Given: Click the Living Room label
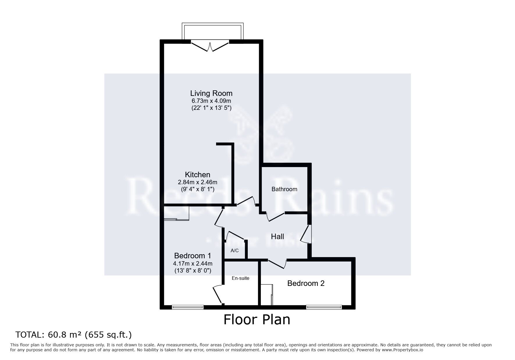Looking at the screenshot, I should pyautogui.click(x=211, y=93).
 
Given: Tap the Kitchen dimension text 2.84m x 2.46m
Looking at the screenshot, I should pyautogui.click(x=197, y=182).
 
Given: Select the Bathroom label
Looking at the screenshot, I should pyautogui.click(x=284, y=189).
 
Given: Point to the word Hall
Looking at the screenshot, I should pyautogui.click(x=277, y=237).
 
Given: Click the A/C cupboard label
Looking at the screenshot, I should pyautogui.click(x=234, y=250).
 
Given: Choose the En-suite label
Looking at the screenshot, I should pyautogui.click(x=240, y=278).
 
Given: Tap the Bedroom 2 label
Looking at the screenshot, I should pyautogui.click(x=306, y=283).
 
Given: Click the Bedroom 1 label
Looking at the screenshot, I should pyautogui.click(x=193, y=256).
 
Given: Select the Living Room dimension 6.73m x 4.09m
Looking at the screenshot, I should pyautogui.click(x=211, y=101).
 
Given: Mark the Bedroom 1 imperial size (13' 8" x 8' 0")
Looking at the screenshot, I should pyautogui.click(x=193, y=271).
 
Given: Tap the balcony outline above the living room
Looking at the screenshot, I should pyautogui.click(x=213, y=25).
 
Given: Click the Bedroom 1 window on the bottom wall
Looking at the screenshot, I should pyautogui.click(x=188, y=307).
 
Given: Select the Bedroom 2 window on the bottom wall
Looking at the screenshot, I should pyautogui.click(x=324, y=307).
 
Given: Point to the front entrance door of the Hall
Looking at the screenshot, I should pyautogui.click(x=306, y=234).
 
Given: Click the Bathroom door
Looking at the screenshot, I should pyautogui.click(x=275, y=217).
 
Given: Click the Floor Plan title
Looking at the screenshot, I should pyautogui.click(x=257, y=320).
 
